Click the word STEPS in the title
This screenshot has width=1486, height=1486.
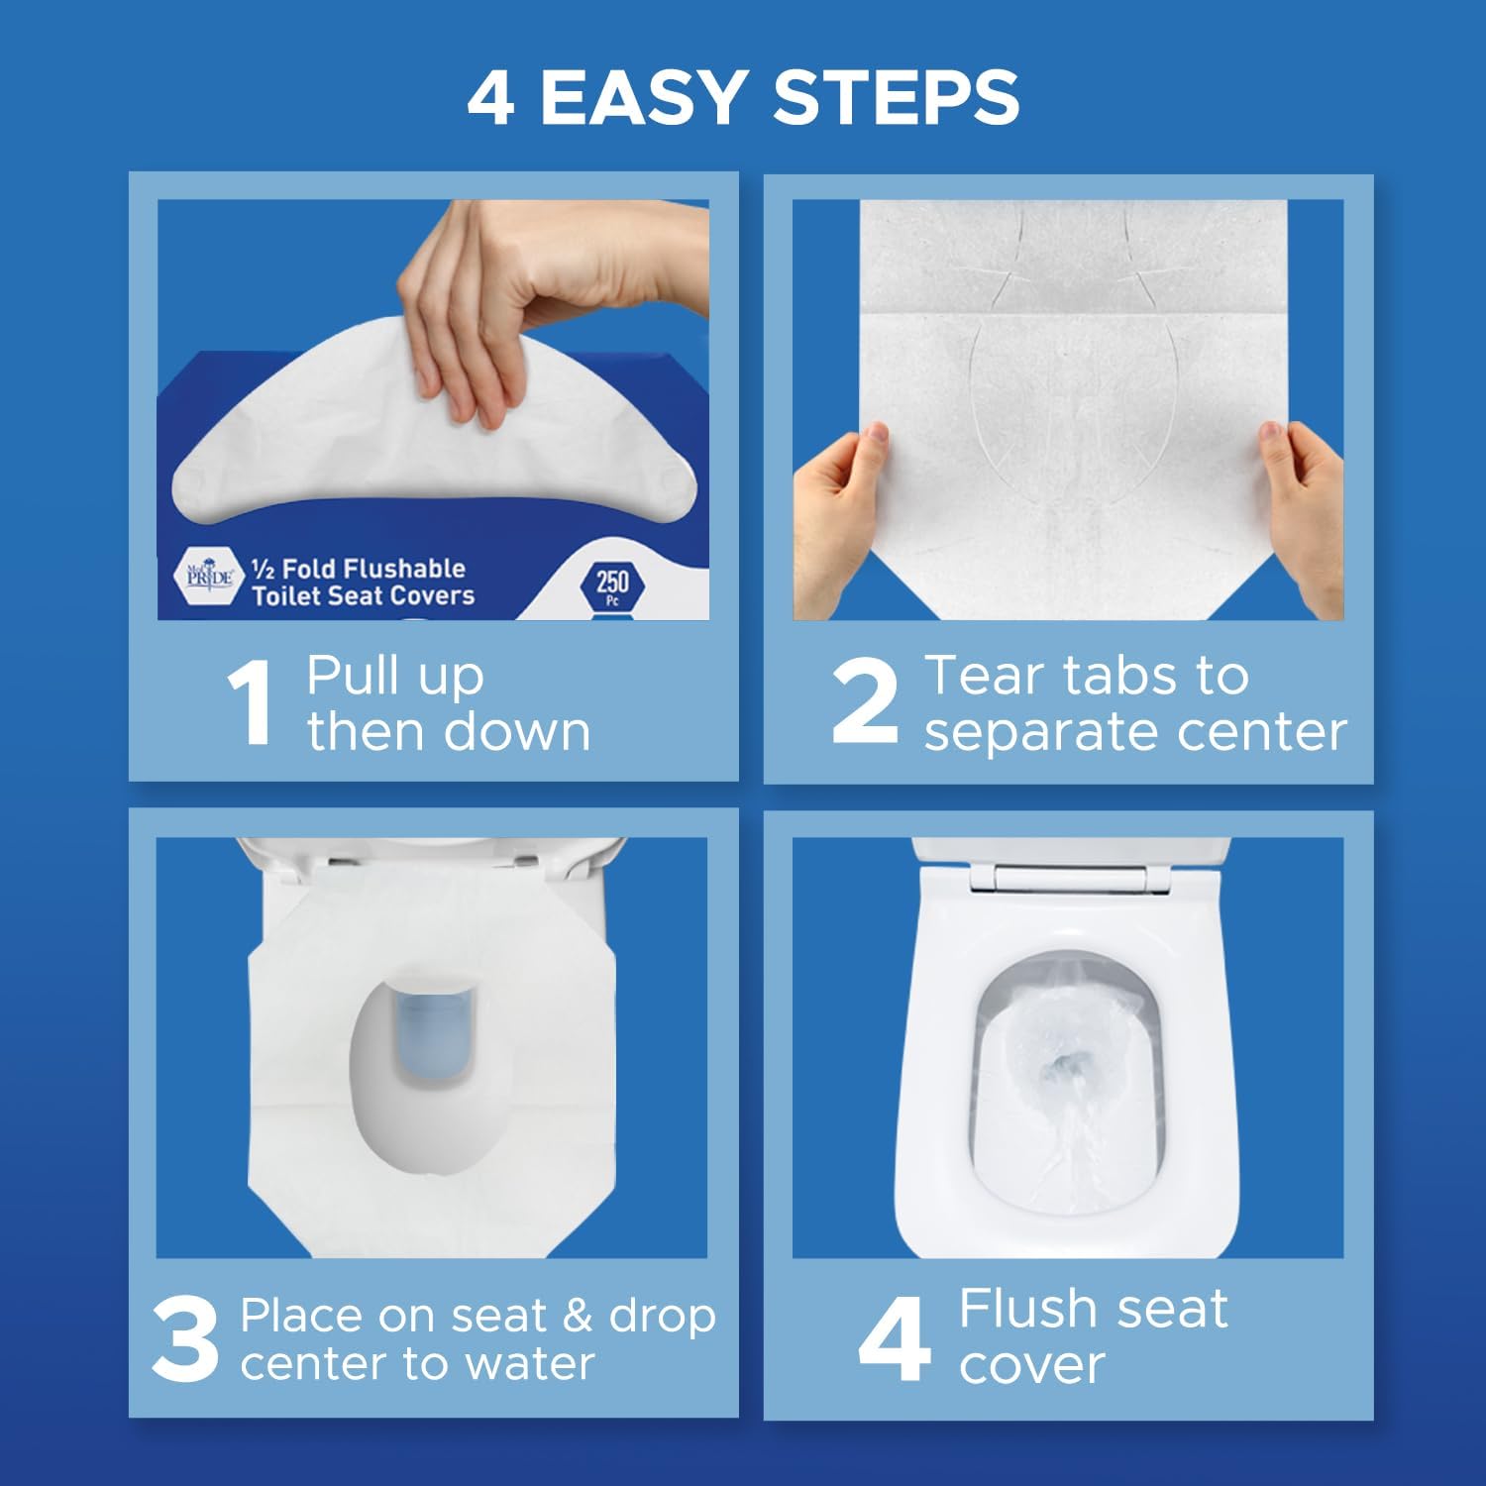pos(896,97)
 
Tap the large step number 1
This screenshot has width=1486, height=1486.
pos(250,703)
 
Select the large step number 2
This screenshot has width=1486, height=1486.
pos(865,701)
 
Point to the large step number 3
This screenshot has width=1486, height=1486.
pos(185,1339)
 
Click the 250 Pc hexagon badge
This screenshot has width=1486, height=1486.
pos(612,585)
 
